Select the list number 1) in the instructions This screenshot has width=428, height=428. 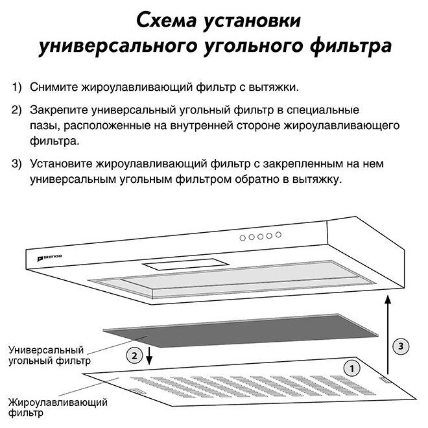coord(16,87)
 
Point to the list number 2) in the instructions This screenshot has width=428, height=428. coord(16,111)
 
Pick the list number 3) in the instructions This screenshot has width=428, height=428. coord(16,162)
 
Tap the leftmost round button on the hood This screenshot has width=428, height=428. coord(243,238)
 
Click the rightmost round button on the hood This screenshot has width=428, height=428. coord(279,234)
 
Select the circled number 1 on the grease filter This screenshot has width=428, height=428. coord(351,368)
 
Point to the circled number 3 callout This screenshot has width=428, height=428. coord(402,346)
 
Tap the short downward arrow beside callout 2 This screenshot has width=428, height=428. coord(149,356)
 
